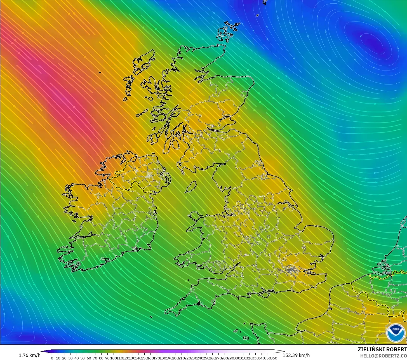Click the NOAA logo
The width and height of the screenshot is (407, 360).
click(396, 333)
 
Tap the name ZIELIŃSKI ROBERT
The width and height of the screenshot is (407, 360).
click(382, 350)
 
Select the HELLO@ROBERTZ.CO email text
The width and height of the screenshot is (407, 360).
click(383, 356)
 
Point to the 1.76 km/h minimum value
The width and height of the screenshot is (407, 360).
click(29, 355)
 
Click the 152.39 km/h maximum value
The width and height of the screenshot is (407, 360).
click(296, 355)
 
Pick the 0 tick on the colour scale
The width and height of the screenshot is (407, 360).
click(52, 358)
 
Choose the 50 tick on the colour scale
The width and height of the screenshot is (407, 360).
click(83, 358)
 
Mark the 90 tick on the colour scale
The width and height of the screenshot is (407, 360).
click(107, 358)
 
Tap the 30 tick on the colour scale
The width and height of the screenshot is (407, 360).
click(70, 358)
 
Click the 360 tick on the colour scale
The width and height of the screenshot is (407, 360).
click(274, 358)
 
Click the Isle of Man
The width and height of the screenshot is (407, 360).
click(191, 187)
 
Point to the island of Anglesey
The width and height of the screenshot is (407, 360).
click(195, 216)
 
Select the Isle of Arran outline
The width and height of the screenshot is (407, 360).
click(176, 144)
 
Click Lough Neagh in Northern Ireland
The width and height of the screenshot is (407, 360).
click(149, 175)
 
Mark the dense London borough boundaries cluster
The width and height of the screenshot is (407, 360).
click(292, 270)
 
